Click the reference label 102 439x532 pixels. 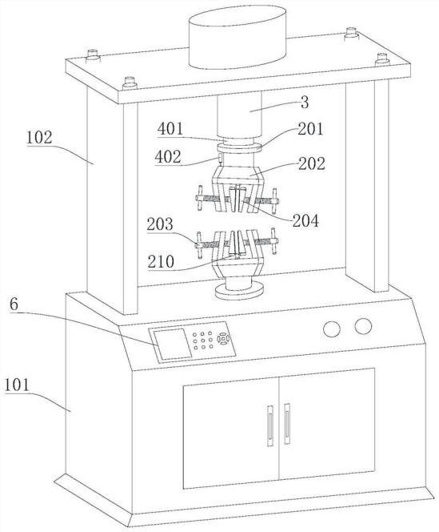[x=39, y=138]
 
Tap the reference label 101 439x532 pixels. [x=18, y=385]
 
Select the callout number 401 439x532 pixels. [x=171, y=129]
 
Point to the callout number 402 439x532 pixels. [x=168, y=157]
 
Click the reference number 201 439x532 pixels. [x=310, y=129]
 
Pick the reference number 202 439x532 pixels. [x=312, y=164]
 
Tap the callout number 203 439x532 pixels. [x=160, y=224]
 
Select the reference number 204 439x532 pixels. [x=306, y=221]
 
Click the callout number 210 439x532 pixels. [x=162, y=262]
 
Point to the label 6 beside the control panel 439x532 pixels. [x=14, y=304]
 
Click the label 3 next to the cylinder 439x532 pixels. [x=305, y=103]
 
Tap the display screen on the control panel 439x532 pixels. [x=172, y=344]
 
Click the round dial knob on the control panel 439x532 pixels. [x=223, y=339]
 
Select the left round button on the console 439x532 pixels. [x=332, y=328]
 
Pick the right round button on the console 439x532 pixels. [x=363, y=326]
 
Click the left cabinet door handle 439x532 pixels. [x=270, y=425]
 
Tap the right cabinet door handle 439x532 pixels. [x=287, y=424]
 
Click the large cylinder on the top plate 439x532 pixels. [x=237, y=38]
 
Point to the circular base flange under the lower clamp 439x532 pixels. [x=239, y=290]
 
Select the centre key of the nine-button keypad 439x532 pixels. [x=202, y=341]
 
